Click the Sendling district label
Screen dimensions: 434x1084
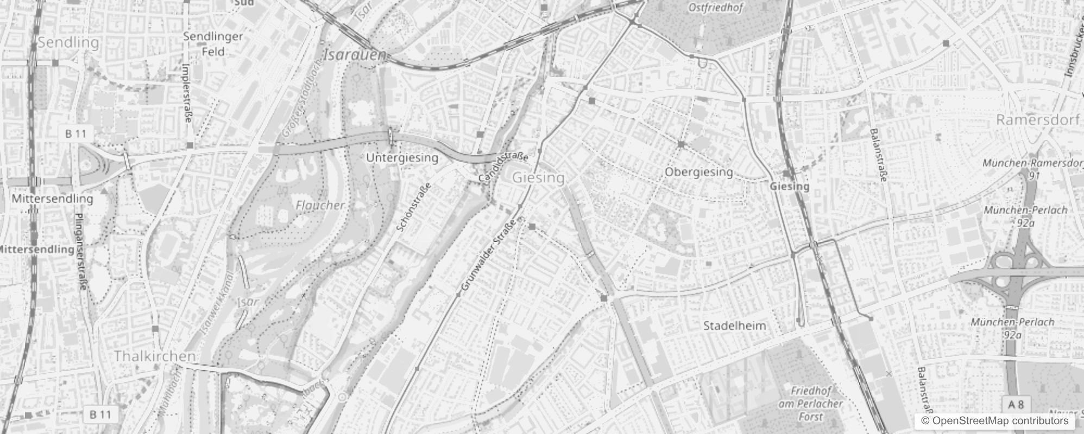point(68,42)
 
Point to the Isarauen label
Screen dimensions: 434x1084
point(354,55)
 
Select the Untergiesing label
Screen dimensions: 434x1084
point(402,158)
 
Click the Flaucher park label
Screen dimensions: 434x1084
point(320,205)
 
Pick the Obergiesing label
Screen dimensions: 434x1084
point(699,172)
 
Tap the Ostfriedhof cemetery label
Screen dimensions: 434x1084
point(716,8)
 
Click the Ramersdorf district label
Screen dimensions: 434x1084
point(1037,120)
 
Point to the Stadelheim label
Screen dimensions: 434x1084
point(734,326)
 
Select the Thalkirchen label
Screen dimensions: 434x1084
point(155,356)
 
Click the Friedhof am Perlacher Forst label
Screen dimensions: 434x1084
point(811,404)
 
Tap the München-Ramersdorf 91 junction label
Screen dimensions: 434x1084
point(1026,169)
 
